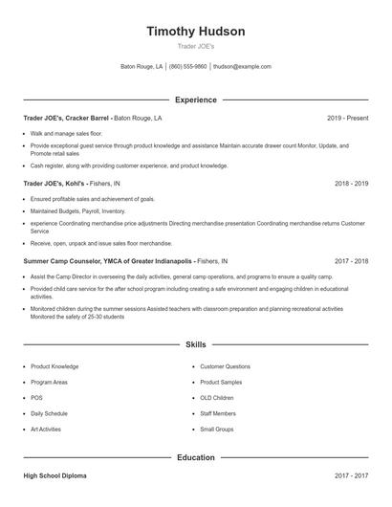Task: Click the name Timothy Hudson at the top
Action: click(x=196, y=31)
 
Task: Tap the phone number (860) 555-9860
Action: click(x=188, y=67)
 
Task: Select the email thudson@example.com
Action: click(x=242, y=67)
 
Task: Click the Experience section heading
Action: click(x=196, y=99)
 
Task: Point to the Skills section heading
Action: click(x=196, y=343)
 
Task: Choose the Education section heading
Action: click(x=196, y=457)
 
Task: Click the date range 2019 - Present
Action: click(x=347, y=118)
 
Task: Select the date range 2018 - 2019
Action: click(x=351, y=183)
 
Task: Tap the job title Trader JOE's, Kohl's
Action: click(x=55, y=183)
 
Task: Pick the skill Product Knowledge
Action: click(x=54, y=366)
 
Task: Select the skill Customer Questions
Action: click(x=225, y=366)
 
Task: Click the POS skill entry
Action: click(x=36, y=398)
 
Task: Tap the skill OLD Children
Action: click(x=217, y=398)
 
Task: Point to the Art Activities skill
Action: click(x=46, y=430)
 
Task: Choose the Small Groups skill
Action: click(x=217, y=430)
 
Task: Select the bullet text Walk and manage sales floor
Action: click(x=66, y=133)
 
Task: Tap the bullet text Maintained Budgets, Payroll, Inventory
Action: click(x=77, y=210)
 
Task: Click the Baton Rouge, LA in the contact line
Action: click(x=142, y=67)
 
